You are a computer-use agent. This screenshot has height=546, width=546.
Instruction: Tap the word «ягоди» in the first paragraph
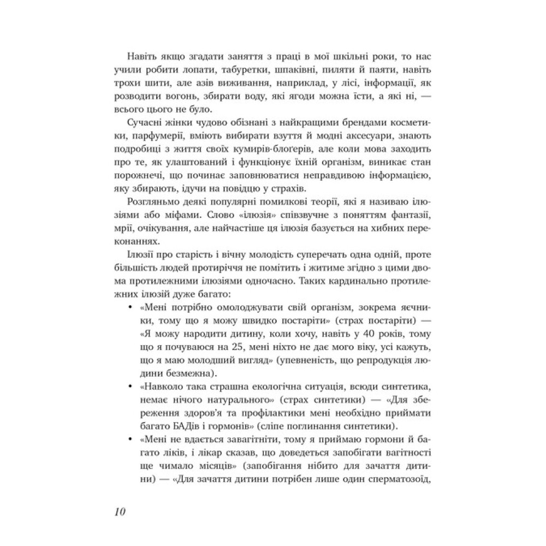pyautogui.click(x=317, y=99)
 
